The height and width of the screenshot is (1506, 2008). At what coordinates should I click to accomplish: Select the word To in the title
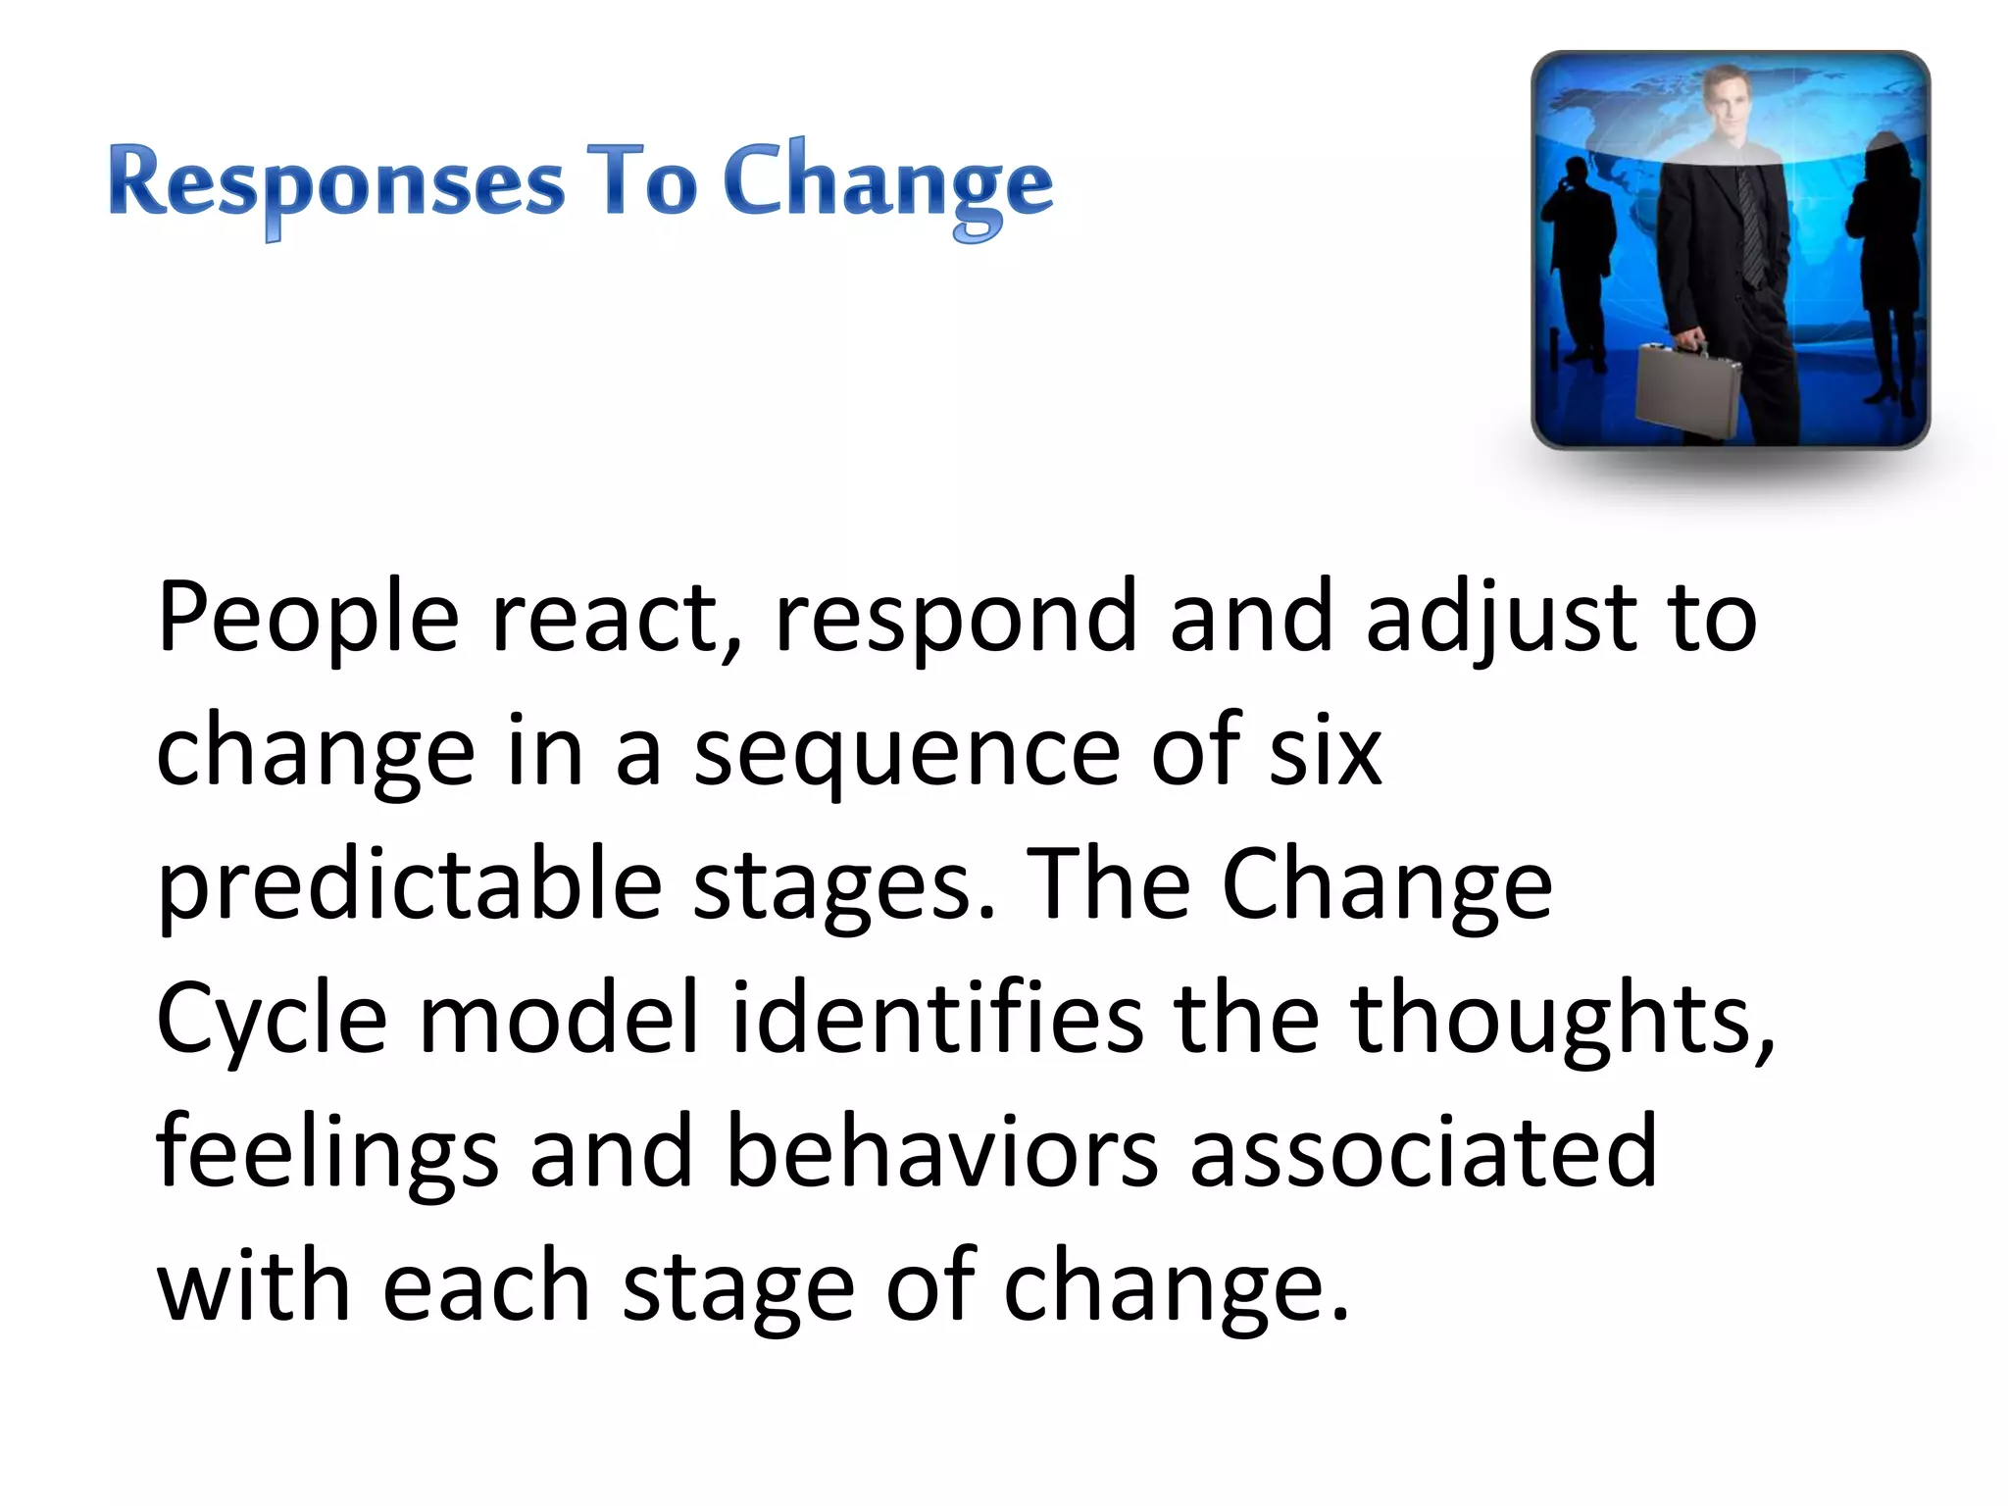tap(641, 181)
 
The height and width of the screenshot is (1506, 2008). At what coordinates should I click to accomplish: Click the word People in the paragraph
tap(307, 618)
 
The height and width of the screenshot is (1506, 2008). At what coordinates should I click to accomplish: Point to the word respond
tap(954, 618)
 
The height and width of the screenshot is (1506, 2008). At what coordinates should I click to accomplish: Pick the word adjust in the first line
tap(1501, 618)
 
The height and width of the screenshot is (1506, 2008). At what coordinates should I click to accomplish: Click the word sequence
tap(906, 753)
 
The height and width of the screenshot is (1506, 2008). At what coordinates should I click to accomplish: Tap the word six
tap(1325, 751)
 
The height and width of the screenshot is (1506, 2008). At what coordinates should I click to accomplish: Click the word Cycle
tap(272, 1020)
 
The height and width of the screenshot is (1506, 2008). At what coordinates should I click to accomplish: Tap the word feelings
tap(326, 1153)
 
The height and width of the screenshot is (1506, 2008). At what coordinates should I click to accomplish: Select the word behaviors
tap(942, 1151)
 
